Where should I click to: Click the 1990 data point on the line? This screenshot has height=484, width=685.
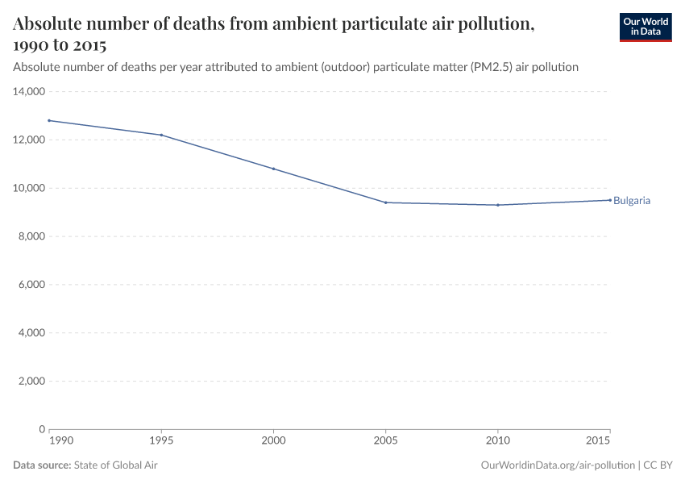[49, 120]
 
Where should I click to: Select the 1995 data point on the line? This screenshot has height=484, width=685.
[161, 135]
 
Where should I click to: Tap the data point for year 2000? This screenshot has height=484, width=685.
[273, 169]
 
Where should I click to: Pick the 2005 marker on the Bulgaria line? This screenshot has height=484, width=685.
[385, 202]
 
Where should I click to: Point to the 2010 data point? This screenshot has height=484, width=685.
[497, 205]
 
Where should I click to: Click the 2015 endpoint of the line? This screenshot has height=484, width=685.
[609, 200]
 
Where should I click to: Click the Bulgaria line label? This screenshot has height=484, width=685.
[632, 201]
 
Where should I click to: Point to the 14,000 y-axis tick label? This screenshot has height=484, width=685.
[28, 92]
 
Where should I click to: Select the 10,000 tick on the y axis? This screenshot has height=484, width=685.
[28, 188]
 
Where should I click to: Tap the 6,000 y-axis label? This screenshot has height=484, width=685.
[31, 285]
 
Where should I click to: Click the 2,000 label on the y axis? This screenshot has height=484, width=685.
[31, 381]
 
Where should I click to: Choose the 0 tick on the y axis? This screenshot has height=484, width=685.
[40, 429]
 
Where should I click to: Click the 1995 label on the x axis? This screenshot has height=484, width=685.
[161, 443]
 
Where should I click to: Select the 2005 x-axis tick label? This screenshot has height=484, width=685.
[385, 443]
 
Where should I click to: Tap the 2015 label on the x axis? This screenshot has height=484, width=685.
[597, 443]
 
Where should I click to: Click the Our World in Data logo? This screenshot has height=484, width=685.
[645, 27]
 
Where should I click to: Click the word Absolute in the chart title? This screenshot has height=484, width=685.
[50, 24]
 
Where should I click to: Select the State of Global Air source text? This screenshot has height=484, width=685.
[121, 465]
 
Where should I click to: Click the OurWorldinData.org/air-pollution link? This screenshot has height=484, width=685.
[557, 465]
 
